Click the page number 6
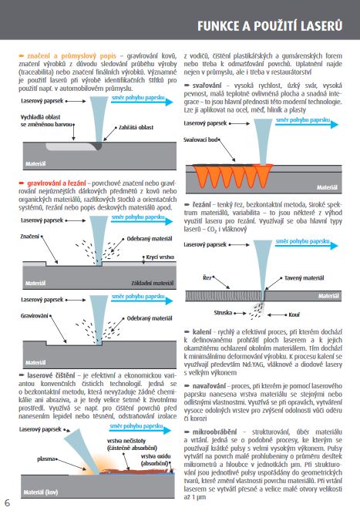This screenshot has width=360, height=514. coord(7,503)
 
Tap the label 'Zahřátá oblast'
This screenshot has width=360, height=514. coord(136,127)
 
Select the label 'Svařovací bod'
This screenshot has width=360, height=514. coord(200,139)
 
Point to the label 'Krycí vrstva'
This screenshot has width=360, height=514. coord(160,257)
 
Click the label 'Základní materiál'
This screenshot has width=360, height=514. coord(153,283)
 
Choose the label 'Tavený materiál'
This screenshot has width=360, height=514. coord(304,278)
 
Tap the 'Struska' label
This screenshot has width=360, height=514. coord(223,313)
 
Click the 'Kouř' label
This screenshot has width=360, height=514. coord(294,314)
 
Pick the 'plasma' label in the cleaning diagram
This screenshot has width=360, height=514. coord(46,459)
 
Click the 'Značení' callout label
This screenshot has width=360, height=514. coord(30,237)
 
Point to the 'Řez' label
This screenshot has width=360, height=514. coord(207,278)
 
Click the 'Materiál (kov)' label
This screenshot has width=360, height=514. coord(41,492)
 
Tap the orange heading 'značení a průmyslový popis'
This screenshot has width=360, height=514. coord(72,56)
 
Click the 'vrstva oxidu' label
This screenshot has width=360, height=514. coord(156,456)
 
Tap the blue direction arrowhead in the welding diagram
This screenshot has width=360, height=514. coord(334,125)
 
